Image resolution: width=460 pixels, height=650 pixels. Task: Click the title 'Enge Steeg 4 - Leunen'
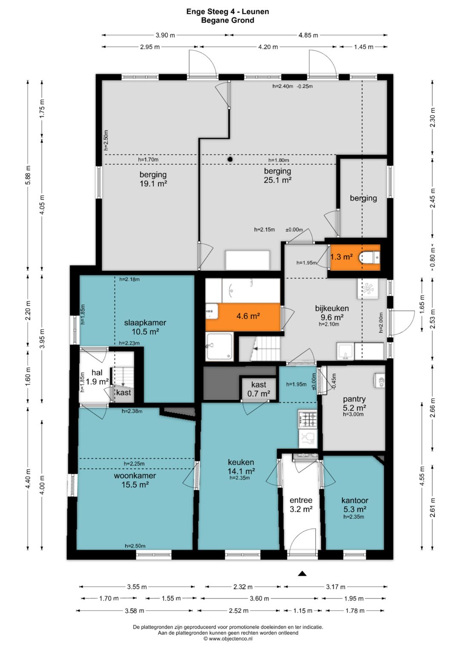pyautogui.click(x=228, y=11)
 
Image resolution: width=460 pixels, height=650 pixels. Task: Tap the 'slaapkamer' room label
pyautogui.click(x=145, y=322)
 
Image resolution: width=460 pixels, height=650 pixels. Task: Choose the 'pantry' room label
pyautogui.click(x=354, y=399)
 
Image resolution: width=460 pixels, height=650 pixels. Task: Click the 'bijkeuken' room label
pyautogui.click(x=332, y=308)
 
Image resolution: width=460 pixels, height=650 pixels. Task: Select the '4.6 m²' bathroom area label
pyautogui.click(x=248, y=316)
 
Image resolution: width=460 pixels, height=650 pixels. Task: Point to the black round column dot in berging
pyautogui.click(x=230, y=159)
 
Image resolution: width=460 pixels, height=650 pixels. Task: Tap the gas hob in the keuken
pyautogui.click(x=308, y=419)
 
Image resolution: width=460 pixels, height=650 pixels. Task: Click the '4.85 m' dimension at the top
pyautogui.click(x=308, y=35)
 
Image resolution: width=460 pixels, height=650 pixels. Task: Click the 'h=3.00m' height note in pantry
pyautogui.click(x=353, y=414)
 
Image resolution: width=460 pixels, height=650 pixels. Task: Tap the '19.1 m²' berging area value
pyautogui.click(x=153, y=183)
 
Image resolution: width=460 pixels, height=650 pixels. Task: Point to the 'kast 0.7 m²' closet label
pyautogui.click(x=259, y=389)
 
